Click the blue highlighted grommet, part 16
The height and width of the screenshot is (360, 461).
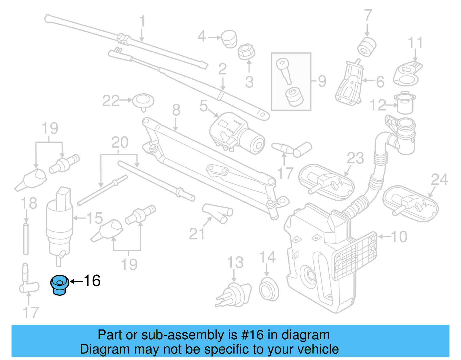click(60, 285)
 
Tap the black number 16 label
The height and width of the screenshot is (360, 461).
click(92, 280)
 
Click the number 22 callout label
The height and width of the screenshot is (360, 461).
click(111, 101)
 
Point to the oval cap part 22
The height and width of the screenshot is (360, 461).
click(143, 101)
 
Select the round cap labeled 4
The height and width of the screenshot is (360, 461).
click(229, 39)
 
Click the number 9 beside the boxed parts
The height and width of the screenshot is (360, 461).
click(322, 81)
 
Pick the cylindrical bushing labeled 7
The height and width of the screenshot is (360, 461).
click(367, 46)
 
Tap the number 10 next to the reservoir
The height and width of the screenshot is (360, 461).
click(399, 237)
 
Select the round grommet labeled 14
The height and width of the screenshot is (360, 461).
click(269, 289)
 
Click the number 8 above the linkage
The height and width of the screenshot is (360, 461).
click(176, 110)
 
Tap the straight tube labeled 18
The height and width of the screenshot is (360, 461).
click(26, 238)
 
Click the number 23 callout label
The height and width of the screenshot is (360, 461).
click(355, 158)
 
